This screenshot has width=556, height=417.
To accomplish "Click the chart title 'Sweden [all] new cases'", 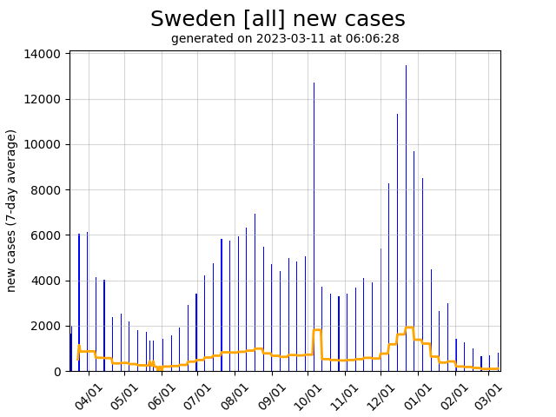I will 277,19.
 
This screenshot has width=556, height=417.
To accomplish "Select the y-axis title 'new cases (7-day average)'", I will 12,210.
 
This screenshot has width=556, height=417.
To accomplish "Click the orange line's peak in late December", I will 409,328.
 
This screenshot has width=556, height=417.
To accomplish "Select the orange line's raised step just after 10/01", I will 317,330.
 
